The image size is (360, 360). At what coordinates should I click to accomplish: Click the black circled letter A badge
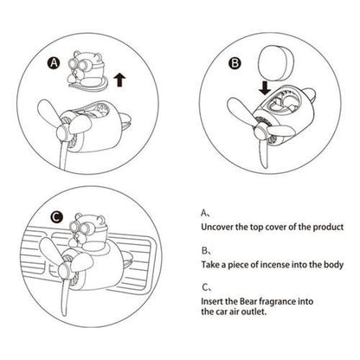point(55,63)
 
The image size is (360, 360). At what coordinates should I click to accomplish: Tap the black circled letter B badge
point(235,63)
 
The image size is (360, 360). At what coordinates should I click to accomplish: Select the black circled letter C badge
point(56,217)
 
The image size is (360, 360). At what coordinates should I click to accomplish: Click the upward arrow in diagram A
point(119,80)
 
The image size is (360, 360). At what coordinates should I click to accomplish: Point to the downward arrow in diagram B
point(265,88)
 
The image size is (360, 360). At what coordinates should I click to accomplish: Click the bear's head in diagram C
point(88,228)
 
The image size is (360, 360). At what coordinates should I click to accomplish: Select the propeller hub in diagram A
point(63,132)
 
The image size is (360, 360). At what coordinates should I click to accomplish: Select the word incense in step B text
point(274,265)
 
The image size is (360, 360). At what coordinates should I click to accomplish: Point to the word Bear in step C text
point(247,301)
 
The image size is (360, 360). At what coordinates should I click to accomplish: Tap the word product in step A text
point(328,227)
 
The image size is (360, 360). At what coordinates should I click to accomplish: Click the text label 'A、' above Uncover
point(206,213)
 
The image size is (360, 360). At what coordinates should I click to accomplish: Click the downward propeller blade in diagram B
point(264,153)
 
